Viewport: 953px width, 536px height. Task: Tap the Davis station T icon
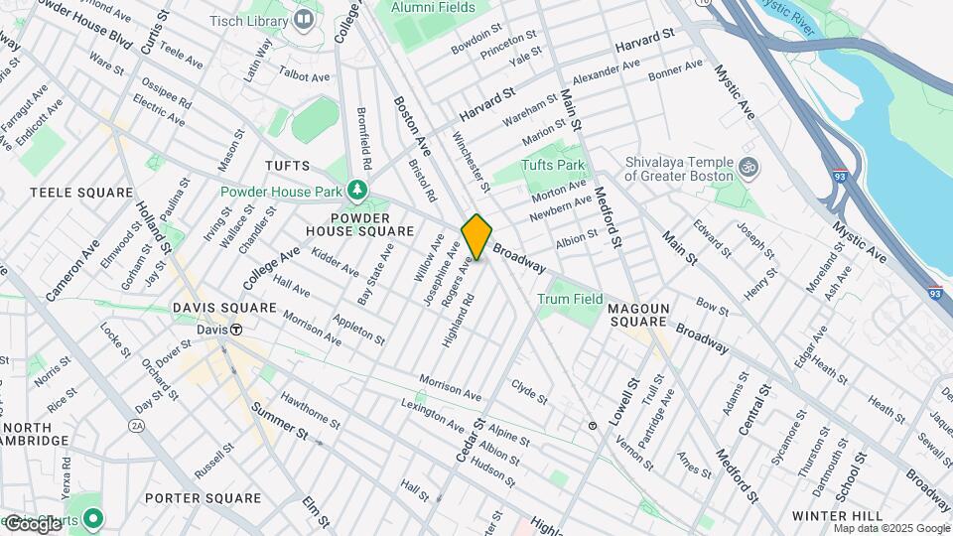click(237, 330)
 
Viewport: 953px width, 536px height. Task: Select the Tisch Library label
click(252, 19)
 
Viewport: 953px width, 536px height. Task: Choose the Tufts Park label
click(554, 165)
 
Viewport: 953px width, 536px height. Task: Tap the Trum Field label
click(570, 298)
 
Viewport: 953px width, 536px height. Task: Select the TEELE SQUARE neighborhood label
click(81, 192)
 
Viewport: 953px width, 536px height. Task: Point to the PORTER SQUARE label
click(203, 497)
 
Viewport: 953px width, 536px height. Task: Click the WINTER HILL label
click(838, 516)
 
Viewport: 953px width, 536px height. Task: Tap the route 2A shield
click(136, 425)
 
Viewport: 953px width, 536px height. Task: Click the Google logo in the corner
click(32, 523)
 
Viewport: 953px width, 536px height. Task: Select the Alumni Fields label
click(432, 8)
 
